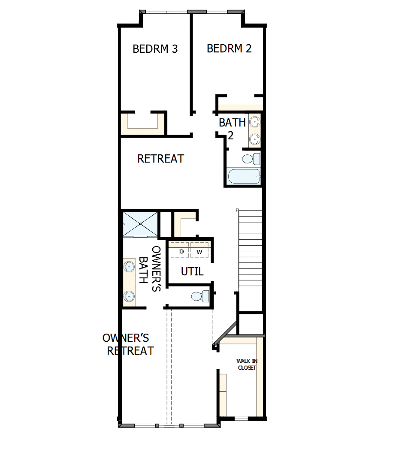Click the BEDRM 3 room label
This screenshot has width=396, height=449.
point(155,49)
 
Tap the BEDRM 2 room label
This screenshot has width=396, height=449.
point(229,48)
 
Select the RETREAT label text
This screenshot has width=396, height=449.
point(160,159)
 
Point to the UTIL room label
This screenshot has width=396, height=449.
point(192,271)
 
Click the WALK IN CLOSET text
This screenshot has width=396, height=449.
point(246,365)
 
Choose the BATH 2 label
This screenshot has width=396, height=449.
point(232,129)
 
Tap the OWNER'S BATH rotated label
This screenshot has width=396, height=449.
point(149,269)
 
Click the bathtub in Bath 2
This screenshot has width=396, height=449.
point(243,176)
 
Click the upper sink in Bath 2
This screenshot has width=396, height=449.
point(255,122)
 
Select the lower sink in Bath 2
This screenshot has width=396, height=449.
point(255,139)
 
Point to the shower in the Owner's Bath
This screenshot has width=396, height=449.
point(140,223)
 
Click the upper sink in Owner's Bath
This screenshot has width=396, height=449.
point(128,267)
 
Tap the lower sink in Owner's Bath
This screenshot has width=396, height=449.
point(128,295)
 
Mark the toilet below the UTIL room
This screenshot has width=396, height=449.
point(199,296)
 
